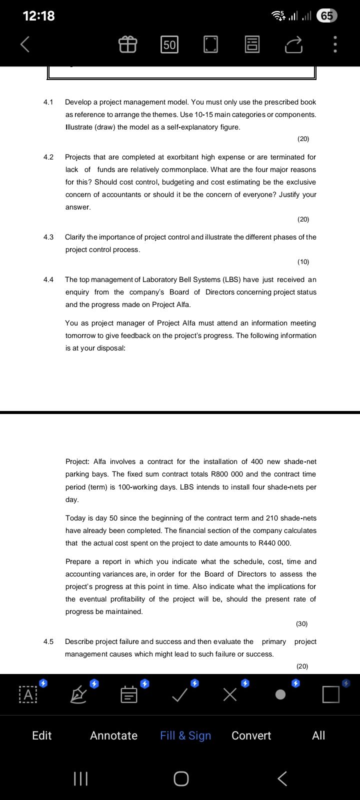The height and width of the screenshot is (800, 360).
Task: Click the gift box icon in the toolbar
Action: click(127, 45)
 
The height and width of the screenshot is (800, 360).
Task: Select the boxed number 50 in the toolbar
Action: click(169, 45)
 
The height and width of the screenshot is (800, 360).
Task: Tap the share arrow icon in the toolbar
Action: click(294, 45)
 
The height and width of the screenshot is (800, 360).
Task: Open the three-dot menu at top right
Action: click(335, 45)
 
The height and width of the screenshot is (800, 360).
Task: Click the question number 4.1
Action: click(48, 102)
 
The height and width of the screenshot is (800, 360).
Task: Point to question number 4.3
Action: click(48, 237)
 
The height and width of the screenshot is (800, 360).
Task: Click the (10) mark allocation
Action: click(303, 261)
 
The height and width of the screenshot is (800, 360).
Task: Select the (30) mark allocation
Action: click(301, 623)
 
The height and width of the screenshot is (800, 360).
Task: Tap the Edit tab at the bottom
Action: click(41, 735)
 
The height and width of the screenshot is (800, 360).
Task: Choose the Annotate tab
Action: click(113, 735)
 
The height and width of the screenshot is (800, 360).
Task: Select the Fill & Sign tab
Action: click(185, 735)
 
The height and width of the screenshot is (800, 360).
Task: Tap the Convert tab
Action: click(251, 735)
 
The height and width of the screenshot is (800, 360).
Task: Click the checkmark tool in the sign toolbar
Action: click(180, 694)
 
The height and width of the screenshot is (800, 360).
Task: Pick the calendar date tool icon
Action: click(129, 694)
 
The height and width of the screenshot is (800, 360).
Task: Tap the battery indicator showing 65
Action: click(327, 16)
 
